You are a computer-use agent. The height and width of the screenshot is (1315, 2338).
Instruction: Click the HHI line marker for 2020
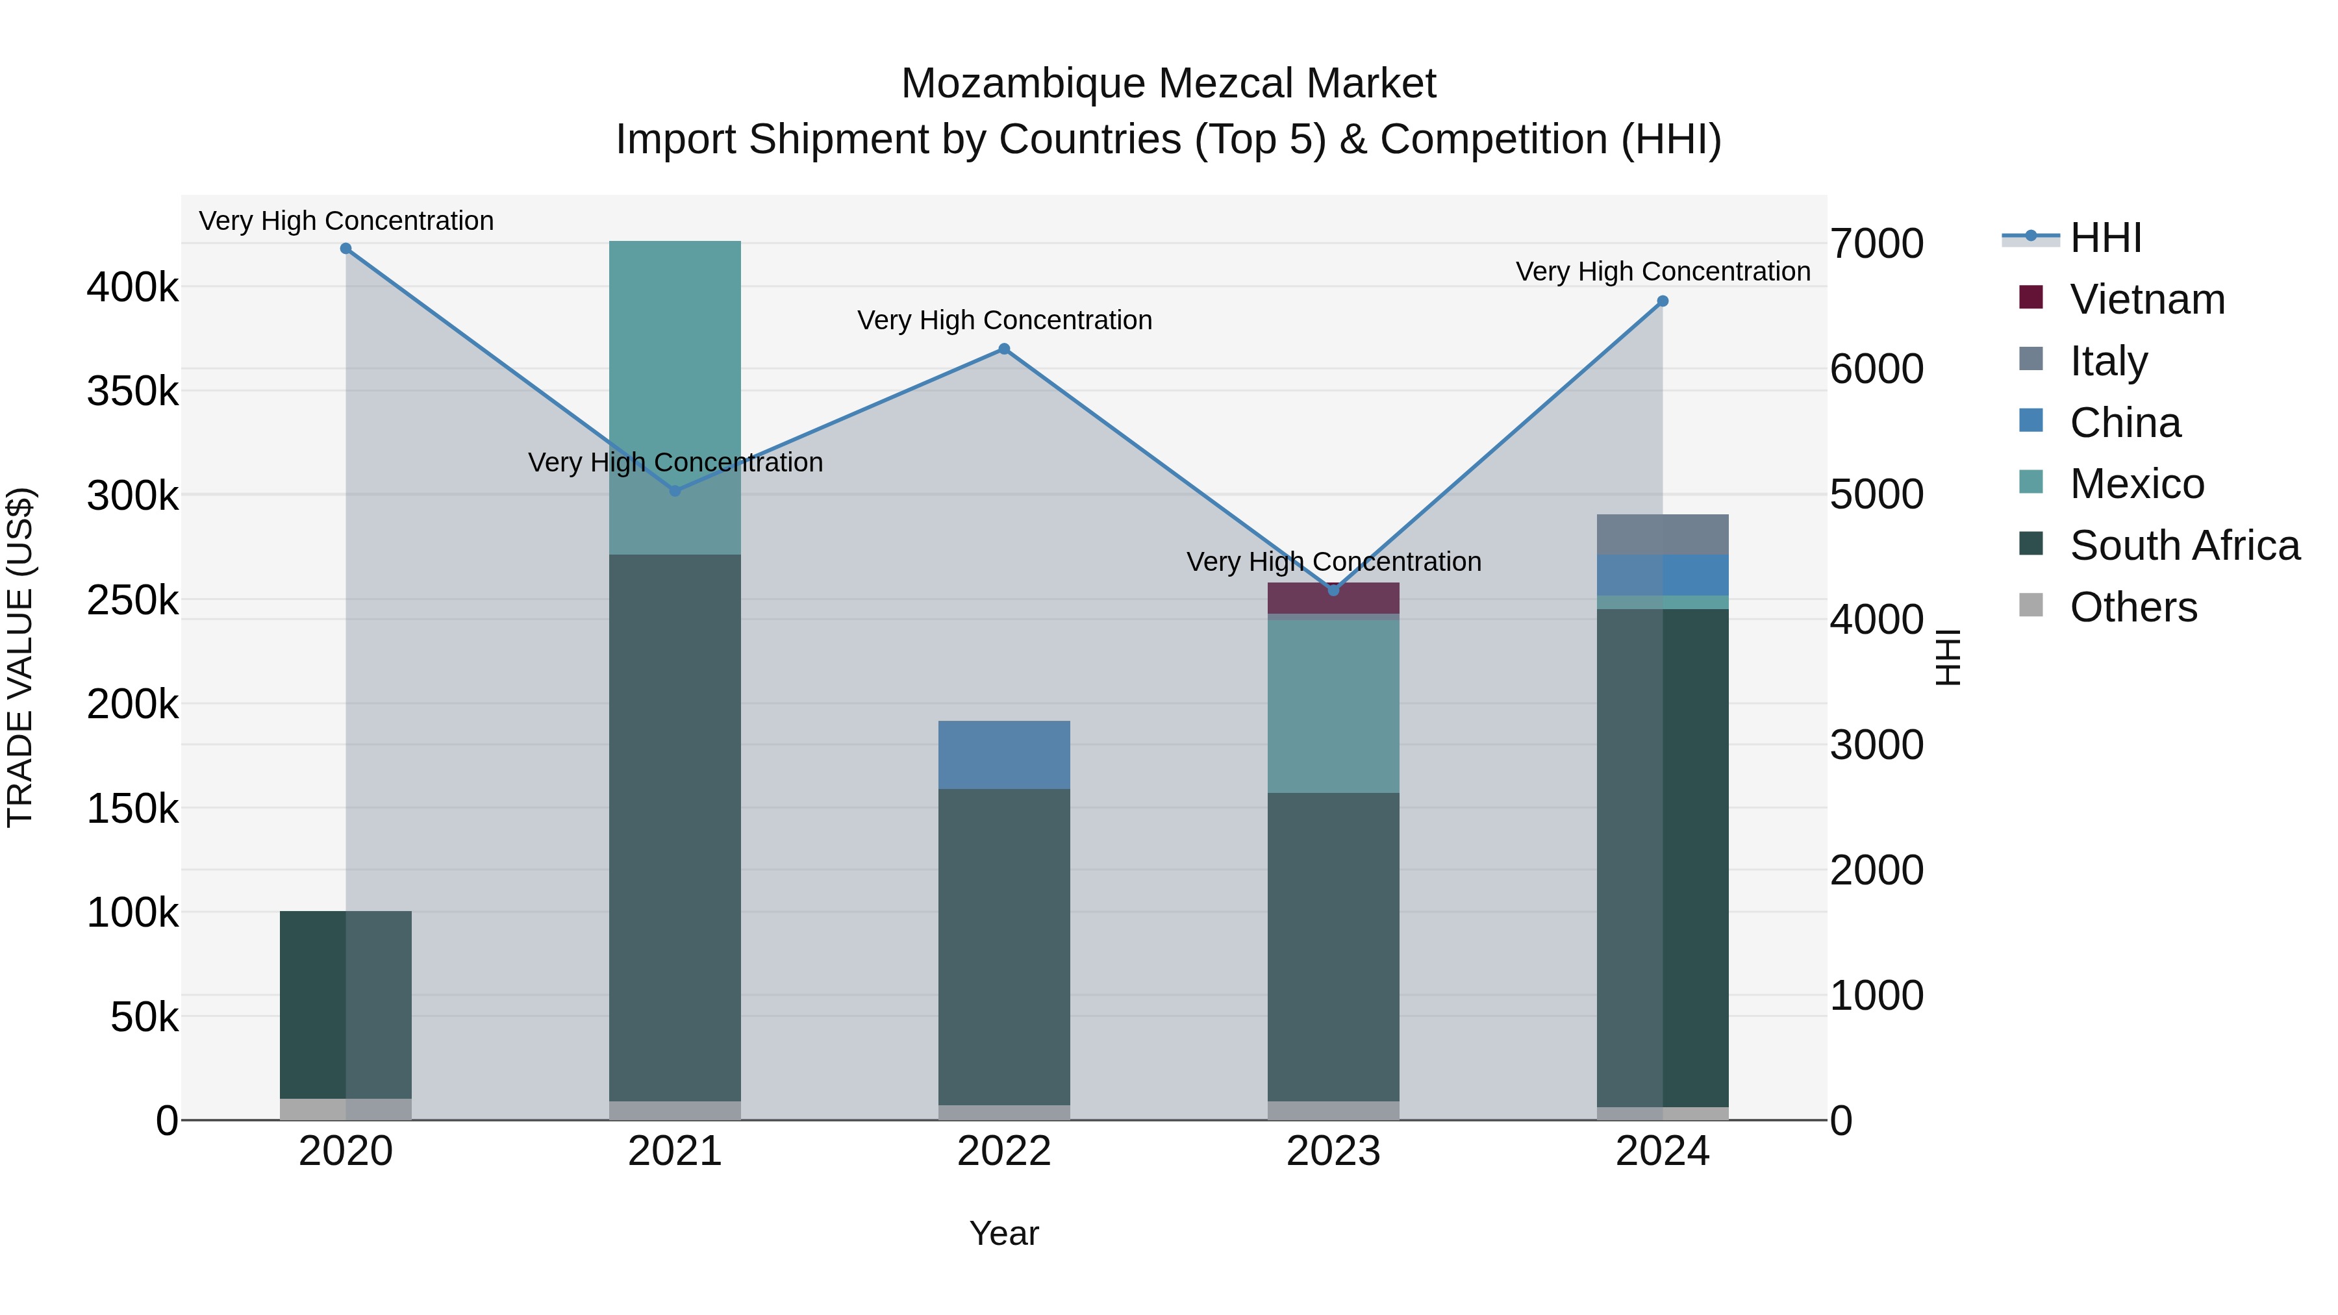coord(346,249)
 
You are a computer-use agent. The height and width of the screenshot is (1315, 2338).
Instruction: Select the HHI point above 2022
coord(1004,349)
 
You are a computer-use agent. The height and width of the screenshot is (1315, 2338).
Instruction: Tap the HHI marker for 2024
coord(1663,301)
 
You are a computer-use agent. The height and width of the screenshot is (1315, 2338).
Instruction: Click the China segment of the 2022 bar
coord(1004,755)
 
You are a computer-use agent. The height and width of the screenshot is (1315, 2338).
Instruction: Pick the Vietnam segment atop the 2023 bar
coord(1333,598)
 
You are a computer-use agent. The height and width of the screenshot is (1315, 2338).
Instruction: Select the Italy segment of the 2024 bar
coord(1663,534)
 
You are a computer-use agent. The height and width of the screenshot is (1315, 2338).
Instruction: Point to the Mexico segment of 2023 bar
coord(1333,706)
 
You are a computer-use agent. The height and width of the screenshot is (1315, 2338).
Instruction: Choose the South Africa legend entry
coord(2183,545)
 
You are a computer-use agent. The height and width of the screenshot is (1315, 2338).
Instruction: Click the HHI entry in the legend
coord(2105,238)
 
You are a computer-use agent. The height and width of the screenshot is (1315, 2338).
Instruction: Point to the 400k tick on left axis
coord(132,288)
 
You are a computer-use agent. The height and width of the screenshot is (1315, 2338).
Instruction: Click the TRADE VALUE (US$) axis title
coord(20,657)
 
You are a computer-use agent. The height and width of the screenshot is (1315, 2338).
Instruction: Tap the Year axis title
coord(1004,1233)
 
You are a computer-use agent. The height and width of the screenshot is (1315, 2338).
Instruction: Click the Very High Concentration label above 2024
coord(1663,271)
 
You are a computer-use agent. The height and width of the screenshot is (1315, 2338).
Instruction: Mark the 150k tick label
coord(132,808)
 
